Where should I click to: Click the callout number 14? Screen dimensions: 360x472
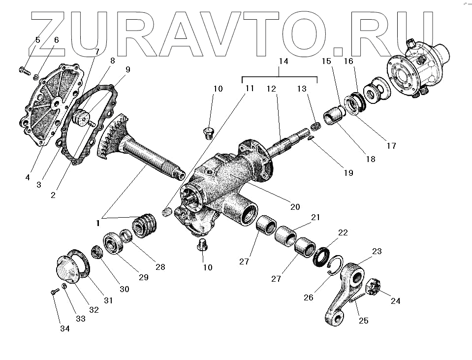click(x=283, y=63)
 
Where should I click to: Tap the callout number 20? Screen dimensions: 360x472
click(x=295, y=207)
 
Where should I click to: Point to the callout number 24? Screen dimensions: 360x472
click(x=395, y=301)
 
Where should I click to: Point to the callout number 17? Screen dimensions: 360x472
click(x=391, y=146)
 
